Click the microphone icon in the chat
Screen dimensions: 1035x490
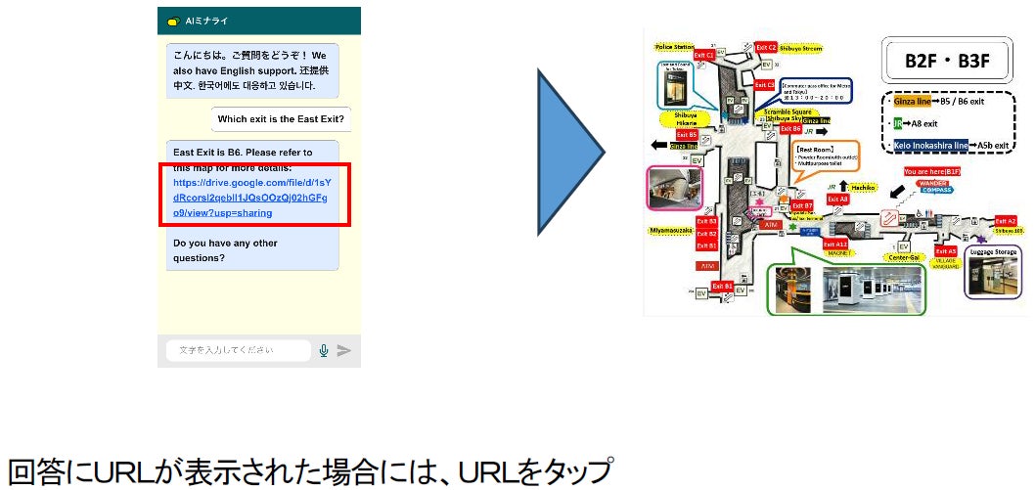[324, 350]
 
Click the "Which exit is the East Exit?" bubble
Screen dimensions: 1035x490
[282, 119]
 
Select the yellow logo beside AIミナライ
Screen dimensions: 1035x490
[173, 21]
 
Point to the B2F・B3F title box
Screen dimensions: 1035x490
[947, 61]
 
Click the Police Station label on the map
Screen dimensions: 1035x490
[675, 46]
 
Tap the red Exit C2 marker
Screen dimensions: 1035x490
[766, 47]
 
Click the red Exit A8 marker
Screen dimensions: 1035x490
[837, 199]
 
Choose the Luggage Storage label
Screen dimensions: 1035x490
[995, 251]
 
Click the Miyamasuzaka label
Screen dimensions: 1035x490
[670, 230]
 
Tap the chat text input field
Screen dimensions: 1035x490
[238, 350]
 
